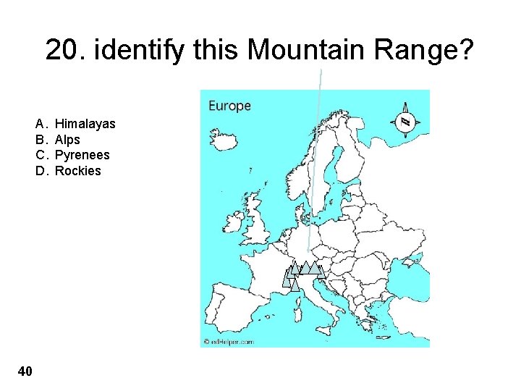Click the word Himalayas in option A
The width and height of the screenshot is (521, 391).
[x=85, y=124]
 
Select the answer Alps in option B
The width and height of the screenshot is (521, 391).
[x=67, y=140]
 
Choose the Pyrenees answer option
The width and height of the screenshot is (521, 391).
[x=82, y=155]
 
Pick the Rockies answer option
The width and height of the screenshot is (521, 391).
[x=77, y=171]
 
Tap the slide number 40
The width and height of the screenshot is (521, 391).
[x=25, y=371]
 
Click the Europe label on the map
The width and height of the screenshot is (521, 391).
[x=229, y=106]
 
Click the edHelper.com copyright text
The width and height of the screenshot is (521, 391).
[x=229, y=341]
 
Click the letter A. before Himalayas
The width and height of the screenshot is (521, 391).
[x=41, y=124]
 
